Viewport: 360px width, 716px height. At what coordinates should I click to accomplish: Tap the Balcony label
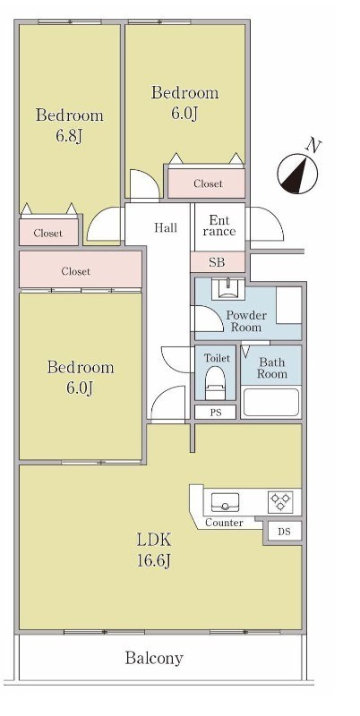pyautogui.click(x=154, y=658)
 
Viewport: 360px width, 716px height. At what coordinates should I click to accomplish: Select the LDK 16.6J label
pyautogui.click(x=154, y=550)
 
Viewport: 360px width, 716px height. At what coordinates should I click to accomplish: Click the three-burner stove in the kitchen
pyautogui.click(x=280, y=502)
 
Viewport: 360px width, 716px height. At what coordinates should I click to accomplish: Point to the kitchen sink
pyautogui.click(x=226, y=502)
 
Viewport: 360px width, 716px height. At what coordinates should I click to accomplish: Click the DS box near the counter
pyautogui.click(x=284, y=532)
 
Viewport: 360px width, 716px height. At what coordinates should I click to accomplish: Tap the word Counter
pyautogui.click(x=224, y=523)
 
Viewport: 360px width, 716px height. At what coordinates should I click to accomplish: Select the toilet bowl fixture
pyautogui.click(x=215, y=383)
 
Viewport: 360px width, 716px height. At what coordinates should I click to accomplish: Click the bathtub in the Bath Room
pyautogui.click(x=271, y=402)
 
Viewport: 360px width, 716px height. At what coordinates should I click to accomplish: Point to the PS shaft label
pyautogui.click(x=216, y=413)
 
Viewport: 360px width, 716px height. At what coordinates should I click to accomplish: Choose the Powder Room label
pyautogui.click(x=246, y=321)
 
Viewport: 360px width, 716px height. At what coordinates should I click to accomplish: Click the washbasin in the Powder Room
pyautogui.click(x=228, y=288)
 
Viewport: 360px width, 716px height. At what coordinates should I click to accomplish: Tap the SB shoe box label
pyautogui.click(x=217, y=262)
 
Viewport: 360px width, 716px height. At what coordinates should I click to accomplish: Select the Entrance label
pyautogui.click(x=219, y=226)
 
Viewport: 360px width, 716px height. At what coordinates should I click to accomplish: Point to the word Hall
pyautogui.click(x=166, y=227)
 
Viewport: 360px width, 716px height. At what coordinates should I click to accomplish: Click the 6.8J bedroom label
pyautogui.click(x=70, y=125)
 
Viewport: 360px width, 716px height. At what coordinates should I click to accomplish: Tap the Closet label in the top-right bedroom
pyautogui.click(x=209, y=183)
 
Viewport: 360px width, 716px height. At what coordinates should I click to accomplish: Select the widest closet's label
pyautogui.click(x=76, y=271)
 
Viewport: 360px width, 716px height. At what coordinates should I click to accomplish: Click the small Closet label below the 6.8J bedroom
pyautogui.click(x=48, y=234)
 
